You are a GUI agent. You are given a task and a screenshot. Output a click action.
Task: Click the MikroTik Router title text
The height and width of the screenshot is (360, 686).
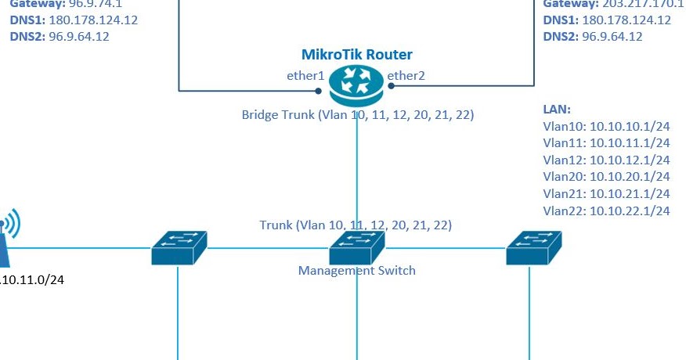357,54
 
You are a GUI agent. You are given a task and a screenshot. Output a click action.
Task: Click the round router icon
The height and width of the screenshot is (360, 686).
357,85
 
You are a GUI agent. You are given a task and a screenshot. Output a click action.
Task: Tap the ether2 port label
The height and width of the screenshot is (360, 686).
406,76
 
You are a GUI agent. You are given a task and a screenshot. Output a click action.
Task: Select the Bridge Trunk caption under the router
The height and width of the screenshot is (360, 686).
357,115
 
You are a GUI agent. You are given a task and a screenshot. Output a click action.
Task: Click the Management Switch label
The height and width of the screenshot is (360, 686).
356,271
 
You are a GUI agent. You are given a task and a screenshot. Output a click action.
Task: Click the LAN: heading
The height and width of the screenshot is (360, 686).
557,110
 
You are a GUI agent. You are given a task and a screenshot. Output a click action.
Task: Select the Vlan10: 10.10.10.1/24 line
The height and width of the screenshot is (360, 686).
606,126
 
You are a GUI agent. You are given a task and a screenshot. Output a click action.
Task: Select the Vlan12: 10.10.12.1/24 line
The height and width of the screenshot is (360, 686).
606,160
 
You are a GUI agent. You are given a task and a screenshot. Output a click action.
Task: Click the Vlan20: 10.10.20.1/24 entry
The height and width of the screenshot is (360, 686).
606,177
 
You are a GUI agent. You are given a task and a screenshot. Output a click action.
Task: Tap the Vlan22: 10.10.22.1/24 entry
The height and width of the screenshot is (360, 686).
606,211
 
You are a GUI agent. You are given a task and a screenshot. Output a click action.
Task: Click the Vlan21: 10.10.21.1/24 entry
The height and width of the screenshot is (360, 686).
606,193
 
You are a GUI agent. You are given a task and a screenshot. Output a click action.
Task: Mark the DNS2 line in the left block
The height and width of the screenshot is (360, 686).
60,37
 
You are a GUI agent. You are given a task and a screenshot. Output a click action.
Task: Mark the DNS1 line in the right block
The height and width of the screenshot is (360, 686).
607,20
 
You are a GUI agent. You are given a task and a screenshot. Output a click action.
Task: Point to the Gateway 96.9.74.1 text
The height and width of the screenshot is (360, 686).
66,4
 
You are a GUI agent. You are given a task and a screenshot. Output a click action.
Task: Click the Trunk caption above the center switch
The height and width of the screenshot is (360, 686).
356,225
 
